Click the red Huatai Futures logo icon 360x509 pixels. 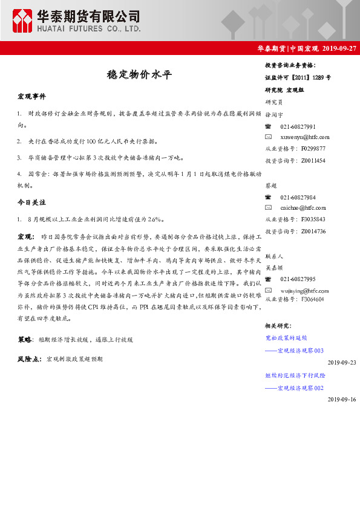pyautogui.click(x=22, y=21)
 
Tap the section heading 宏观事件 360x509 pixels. pyautogui.click(x=31, y=96)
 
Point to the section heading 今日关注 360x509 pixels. pyautogui.click(x=31, y=201)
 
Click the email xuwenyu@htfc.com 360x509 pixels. pyautogui.click(x=305, y=137)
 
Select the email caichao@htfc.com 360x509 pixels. pyautogui.click(x=303, y=208)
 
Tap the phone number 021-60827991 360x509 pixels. pyautogui.click(x=298, y=126)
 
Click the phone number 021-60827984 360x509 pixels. pyautogui.click(x=298, y=198)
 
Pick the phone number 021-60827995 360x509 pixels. pyautogui.click(x=298, y=279)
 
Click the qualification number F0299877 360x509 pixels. pyautogui.click(x=313, y=148)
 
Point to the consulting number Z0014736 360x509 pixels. pyautogui.click(x=313, y=230)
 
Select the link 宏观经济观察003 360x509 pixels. pyautogui.click(x=301, y=350)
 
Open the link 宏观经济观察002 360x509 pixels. pyautogui.click(x=301, y=387)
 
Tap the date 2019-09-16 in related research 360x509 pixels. pyautogui.click(x=342, y=400)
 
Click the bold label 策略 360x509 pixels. pyautogui.click(x=24, y=340)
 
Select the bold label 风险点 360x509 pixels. pyautogui.click(x=28, y=358)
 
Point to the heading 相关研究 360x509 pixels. pyautogui.click(x=279, y=326)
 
